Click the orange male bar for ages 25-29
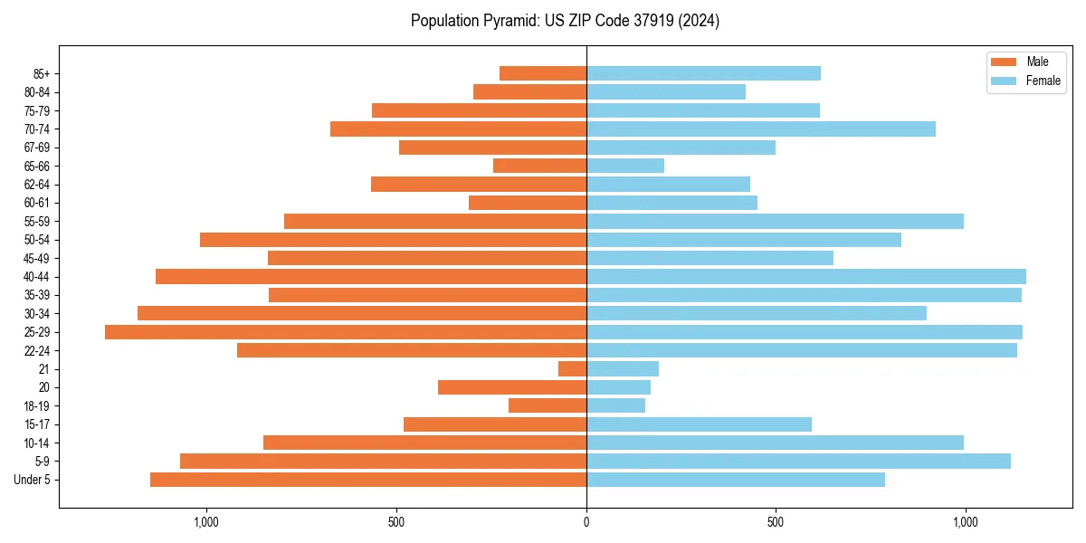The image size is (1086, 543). [x=346, y=332]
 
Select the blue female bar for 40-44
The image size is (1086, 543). [x=805, y=276]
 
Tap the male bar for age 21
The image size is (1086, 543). [x=572, y=369]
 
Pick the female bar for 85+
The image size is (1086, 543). [x=703, y=73]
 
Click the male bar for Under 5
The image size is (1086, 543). [x=368, y=480]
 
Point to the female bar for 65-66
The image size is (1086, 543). [x=625, y=166]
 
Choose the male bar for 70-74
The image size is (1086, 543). [x=458, y=129]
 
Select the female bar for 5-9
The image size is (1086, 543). [x=798, y=462]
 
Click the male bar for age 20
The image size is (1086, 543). [x=512, y=387]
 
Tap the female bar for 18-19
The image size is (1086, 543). [x=615, y=406]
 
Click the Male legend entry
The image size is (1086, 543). [x=1027, y=62]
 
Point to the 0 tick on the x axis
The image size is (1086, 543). [x=586, y=522]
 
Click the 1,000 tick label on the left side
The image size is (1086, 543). [x=207, y=522]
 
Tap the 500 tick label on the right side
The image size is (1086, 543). [x=776, y=522]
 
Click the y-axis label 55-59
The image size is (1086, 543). [x=37, y=221]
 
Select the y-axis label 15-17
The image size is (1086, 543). [x=37, y=424]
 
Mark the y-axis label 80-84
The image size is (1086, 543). [x=37, y=92]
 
